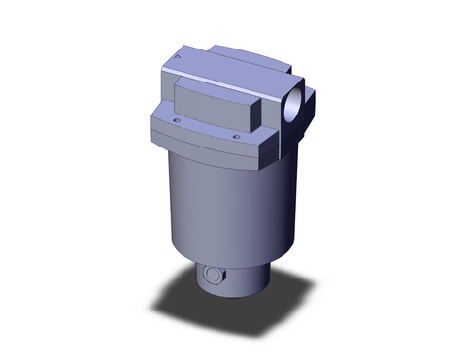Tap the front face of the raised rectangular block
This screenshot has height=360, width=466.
[x=214, y=115]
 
